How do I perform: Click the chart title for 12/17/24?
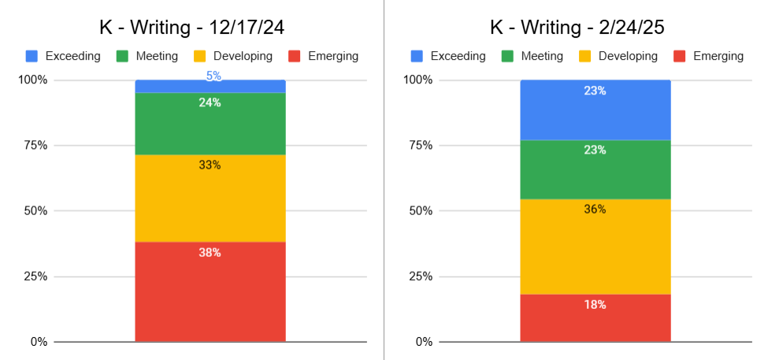191,27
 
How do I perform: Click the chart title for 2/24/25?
577,27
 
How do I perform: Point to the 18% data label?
595,305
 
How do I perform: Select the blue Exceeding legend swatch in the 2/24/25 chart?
417,56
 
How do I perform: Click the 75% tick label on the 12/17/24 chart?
34,146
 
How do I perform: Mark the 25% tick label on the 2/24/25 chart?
418,276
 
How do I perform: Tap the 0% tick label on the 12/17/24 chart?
38,342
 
